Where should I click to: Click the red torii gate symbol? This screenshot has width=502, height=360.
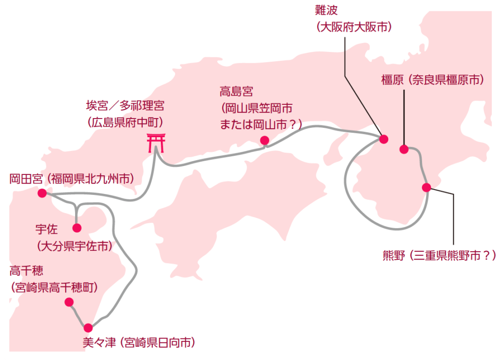point(156,143)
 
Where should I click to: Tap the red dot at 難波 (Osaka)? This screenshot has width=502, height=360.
point(383,139)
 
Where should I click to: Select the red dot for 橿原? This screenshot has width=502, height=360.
point(404,149)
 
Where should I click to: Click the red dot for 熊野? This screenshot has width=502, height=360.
point(427,188)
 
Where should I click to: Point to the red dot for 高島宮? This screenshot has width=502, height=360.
point(264,140)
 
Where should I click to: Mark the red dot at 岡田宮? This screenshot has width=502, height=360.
point(42,193)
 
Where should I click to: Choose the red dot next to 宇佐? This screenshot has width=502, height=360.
point(77,228)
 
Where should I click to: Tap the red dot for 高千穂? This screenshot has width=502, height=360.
point(69,302)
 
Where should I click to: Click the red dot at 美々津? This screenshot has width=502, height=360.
point(88,328)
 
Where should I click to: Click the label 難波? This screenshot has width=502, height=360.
point(326,10)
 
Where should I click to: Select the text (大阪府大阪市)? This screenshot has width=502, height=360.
point(354,27)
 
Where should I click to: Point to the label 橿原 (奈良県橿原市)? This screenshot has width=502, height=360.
point(432,80)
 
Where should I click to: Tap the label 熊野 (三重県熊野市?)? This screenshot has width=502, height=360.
point(439,256)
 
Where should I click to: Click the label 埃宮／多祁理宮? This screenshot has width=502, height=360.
point(125,106)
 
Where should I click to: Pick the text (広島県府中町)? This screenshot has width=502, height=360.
point(125,122)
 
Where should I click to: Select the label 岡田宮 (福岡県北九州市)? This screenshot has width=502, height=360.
point(72,179)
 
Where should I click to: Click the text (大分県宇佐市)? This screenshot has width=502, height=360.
point(75,246)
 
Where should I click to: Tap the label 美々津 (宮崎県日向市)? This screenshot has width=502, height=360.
point(139,343)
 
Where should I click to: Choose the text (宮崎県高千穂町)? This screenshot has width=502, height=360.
point(54,288)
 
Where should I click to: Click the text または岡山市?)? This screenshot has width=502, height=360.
point(261,124)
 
